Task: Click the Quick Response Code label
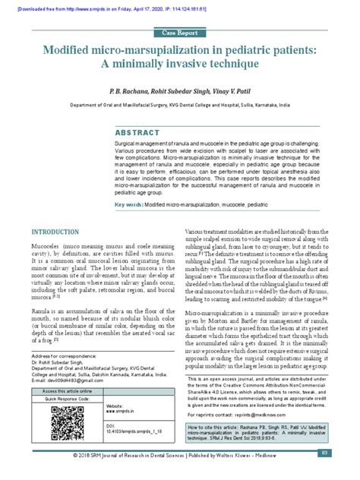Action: tap(64, 400)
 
